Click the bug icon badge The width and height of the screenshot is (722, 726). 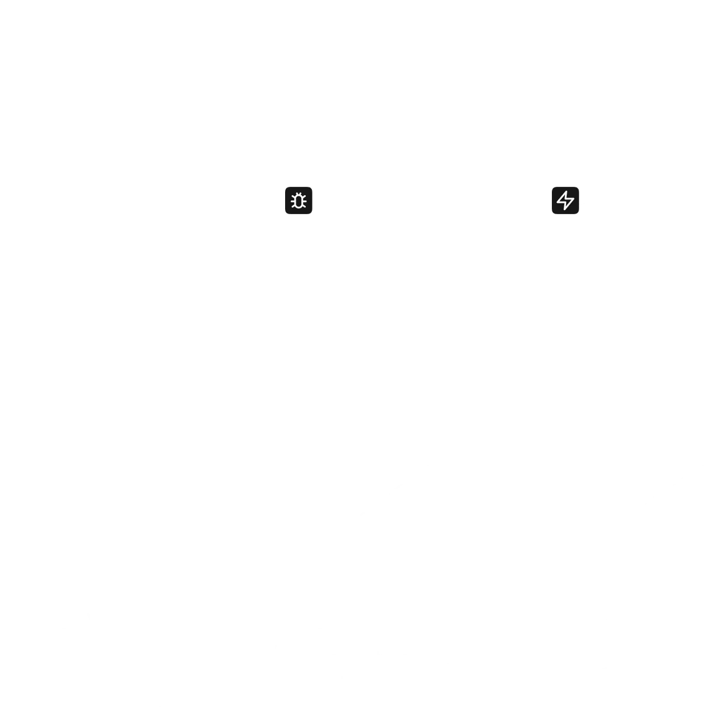coord(299,200)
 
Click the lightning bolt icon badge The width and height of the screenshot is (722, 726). coord(566,200)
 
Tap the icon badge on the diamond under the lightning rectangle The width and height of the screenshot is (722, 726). coord(580,419)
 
